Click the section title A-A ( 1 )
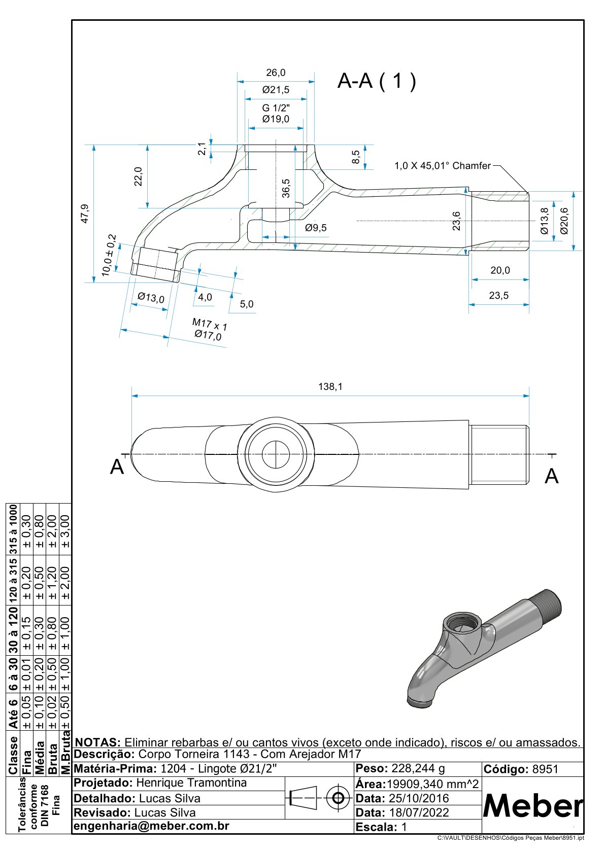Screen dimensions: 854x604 click(x=377, y=81)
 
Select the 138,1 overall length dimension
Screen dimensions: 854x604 click(x=330, y=387)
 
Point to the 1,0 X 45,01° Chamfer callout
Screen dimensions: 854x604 click(x=442, y=166)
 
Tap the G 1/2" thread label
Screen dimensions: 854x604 click(x=276, y=108)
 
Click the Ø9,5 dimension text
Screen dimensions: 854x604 click(x=316, y=228)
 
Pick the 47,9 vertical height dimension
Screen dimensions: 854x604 click(x=85, y=213)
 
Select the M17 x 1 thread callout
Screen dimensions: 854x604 click(x=210, y=324)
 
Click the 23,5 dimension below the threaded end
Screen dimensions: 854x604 click(x=498, y=296)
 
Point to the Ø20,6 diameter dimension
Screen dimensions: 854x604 click(x=564, y=221)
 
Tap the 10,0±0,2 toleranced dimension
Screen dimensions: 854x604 click(x=109, y=255)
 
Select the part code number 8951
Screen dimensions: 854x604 click(x=545, y=769)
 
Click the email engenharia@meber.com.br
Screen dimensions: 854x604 click(x=151, y=826)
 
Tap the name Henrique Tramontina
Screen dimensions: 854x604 click(x=191, y=783)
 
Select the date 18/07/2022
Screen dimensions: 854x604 click(x=419, y=812)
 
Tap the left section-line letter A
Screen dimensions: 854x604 click(x=117, y=467)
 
